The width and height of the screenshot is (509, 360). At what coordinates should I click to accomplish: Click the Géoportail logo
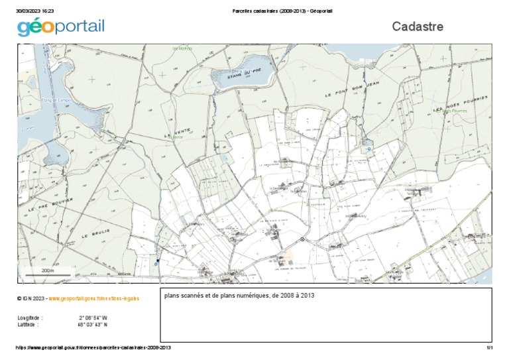click(61, 27)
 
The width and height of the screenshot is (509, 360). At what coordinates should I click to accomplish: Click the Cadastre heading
click(417, 27)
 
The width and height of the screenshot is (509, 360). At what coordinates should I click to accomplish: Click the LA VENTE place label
click(175, 133)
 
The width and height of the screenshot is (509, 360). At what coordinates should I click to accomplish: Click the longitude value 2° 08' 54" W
click(93, 318)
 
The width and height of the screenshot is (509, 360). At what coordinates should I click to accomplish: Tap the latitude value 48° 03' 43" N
click(93, 325)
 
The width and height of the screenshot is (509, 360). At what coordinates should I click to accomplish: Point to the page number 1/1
click(490, 348)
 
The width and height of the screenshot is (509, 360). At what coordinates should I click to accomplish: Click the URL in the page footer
click(93, 348)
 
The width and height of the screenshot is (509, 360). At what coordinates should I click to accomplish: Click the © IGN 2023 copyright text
click(31, 299)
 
